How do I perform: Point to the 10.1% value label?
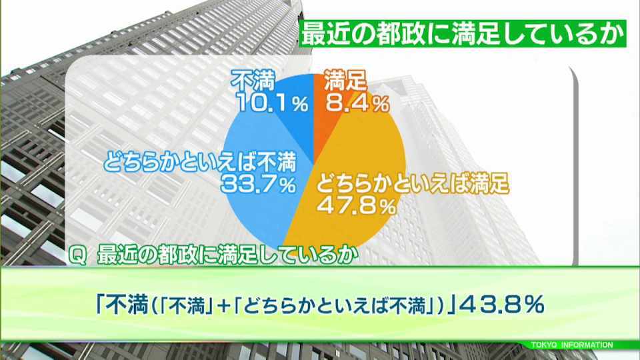(273, 104)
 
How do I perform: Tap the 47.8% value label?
(356, 206)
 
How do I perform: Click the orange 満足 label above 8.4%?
(345, 81)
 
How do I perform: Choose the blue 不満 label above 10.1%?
(253, 81)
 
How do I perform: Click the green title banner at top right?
(463, 33)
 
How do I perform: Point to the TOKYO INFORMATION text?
(572, 345)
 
